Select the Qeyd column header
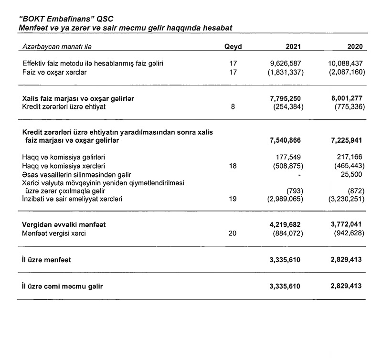pyautogui.click(x=233, y=46)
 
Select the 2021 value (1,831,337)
pyautogui.click(x=285, y=73)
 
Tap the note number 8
pyautogui.click(x=233, y=107)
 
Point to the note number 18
pyautogui.click(x=233, y=166)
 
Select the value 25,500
pyautogui.click(x=352, y=175)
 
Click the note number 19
pyautogui.click(x=233, y=200)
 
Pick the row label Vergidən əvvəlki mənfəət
pyautogui.click(x=64, y=224)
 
